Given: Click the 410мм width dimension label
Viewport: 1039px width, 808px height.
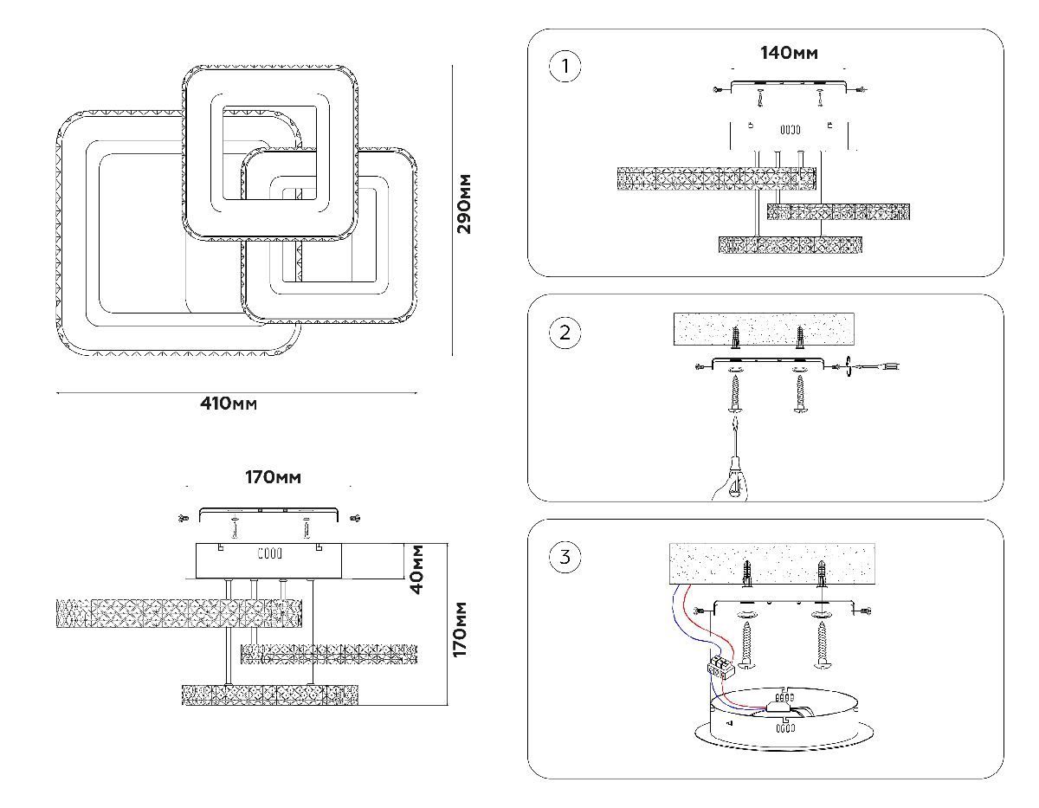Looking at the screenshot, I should click(229, 404).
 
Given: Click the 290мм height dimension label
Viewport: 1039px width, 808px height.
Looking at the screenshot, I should click(465, 204).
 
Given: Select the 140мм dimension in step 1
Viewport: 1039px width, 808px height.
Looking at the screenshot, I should click(789, 53).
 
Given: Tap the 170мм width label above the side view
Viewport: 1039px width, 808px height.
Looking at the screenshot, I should click(273, 477).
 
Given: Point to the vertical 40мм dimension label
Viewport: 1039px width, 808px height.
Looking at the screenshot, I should click(417, 568).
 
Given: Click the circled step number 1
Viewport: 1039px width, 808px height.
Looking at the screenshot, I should click(565, 67).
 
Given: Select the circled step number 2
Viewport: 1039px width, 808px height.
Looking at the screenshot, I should click(565, 333).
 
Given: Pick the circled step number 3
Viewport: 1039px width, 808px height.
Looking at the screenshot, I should click(565, 557).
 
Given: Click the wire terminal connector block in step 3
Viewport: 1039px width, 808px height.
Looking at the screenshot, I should click(718, 666).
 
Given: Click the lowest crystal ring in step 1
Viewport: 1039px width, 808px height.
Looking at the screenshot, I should click(792, 245).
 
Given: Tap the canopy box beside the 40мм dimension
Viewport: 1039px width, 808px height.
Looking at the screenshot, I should click(268, 560).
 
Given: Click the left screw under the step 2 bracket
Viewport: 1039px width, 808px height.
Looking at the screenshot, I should click(735, 395).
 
